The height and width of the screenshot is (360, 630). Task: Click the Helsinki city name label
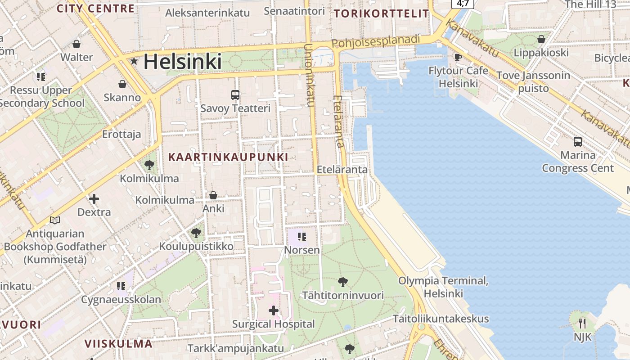[x=182, y=62]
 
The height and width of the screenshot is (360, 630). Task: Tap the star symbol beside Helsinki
[x=134, y=61]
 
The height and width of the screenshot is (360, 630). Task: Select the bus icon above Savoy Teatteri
[x=235, y=94]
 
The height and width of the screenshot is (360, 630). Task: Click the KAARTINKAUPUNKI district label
[x=228, y=157]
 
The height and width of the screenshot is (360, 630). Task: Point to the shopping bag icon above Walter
[x=76, y=44]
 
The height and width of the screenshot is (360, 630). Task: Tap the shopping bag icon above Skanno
[x=122, y=84]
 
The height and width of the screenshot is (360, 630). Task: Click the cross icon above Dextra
[x=94, y=198]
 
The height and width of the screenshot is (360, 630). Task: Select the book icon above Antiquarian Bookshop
[x=55, y=220]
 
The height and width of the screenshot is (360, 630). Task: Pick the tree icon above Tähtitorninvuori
[x=343, y=282]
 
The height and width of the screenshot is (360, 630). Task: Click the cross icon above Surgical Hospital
[x=274, y=310]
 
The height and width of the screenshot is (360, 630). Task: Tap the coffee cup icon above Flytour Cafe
[x=458, y=57]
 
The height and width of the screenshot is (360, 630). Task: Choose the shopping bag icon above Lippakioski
[x=541, y=39]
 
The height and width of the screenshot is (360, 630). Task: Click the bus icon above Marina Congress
[x=578, y=142]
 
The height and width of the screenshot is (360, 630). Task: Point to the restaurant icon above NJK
[x=582, y=323]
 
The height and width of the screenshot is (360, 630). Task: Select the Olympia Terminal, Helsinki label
[x=443, y=287]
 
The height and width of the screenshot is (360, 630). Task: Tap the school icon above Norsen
[x=302, y=237]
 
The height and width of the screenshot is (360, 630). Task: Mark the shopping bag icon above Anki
[x=213, y=195]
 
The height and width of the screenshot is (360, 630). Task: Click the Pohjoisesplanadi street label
[x=376, y=41]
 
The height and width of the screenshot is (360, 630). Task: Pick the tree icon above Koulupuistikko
[x=196, y=233]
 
